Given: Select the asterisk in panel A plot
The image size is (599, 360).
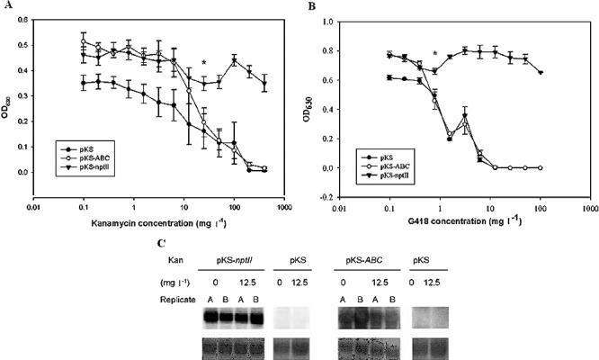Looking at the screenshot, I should point(204,63).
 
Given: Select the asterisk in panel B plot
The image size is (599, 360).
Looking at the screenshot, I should point(435,54).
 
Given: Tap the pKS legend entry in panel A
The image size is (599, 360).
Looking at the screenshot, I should point(69,146).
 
